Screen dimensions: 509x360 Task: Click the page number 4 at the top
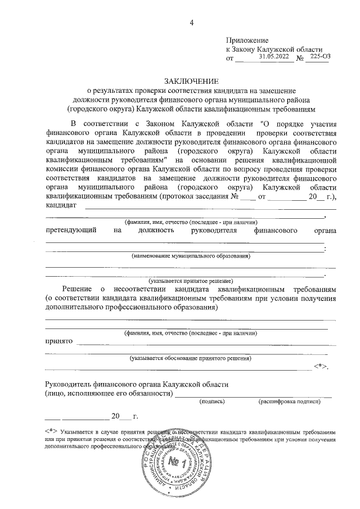tap(192, 22)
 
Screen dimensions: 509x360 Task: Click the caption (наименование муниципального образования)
tap(191, 256)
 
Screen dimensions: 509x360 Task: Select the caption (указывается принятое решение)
tap(191, 280)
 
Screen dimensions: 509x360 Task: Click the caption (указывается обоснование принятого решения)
tap(191, 358)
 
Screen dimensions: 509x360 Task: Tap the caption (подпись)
tap(212, 402)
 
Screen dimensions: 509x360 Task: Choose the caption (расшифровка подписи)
tap(289, 402)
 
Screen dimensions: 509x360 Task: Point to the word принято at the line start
tap(59, 341)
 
